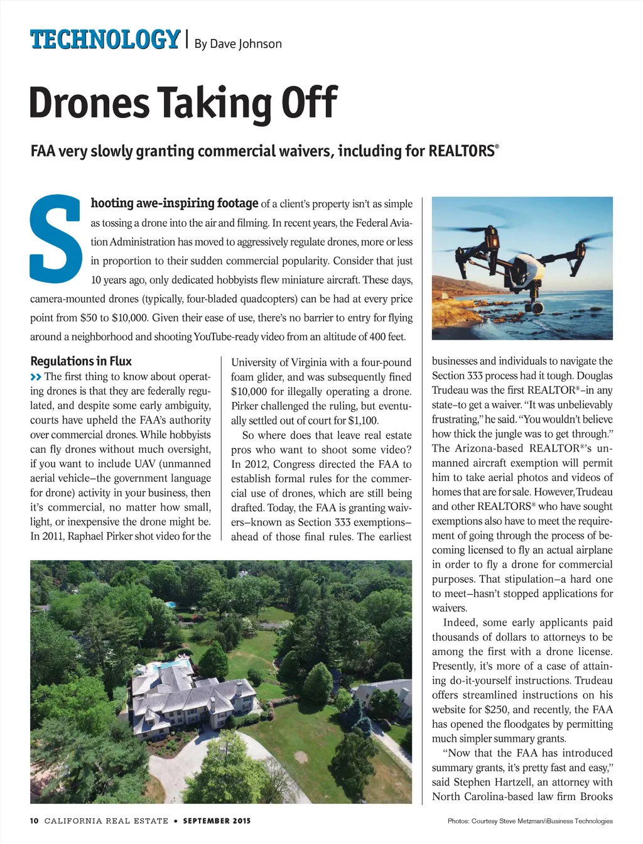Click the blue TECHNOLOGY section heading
pos(105,40)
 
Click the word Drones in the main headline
pos(89,103)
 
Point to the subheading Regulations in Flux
pos(81,361)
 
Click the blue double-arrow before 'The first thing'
pos(36,377)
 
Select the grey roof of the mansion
pos(188,691)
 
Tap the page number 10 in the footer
pos(34,821)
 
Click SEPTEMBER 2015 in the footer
pos(217,821)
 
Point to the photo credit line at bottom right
pos(530,821)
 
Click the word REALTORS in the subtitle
pos(462,151)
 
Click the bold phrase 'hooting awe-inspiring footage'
pos(175,203)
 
